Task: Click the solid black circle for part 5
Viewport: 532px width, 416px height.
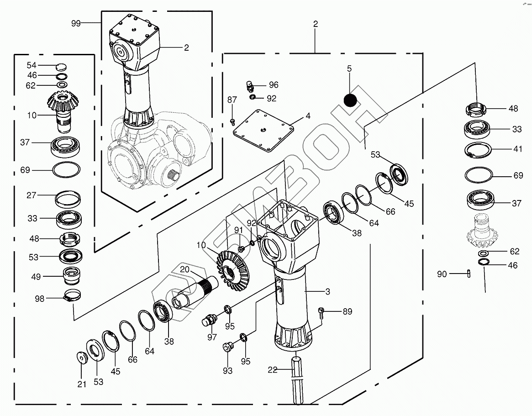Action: click(x=351, y=100)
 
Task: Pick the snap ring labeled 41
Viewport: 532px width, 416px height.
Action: click(x=478, y=151)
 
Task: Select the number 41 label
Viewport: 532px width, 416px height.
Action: click(x=517, y=149)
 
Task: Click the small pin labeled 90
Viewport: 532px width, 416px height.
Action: click(x=469, y=274)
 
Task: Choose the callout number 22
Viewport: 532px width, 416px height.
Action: click(x=273, y=370)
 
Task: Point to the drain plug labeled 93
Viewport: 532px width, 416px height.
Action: click(x=226, y=347)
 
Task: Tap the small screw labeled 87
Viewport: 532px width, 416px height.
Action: click(x=232, y=121)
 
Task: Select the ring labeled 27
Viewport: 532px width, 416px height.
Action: click(x=68, y=199)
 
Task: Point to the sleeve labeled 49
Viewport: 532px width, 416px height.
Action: click(x=71, y=275)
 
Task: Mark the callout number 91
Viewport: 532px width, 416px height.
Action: click(x=238, y=230)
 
